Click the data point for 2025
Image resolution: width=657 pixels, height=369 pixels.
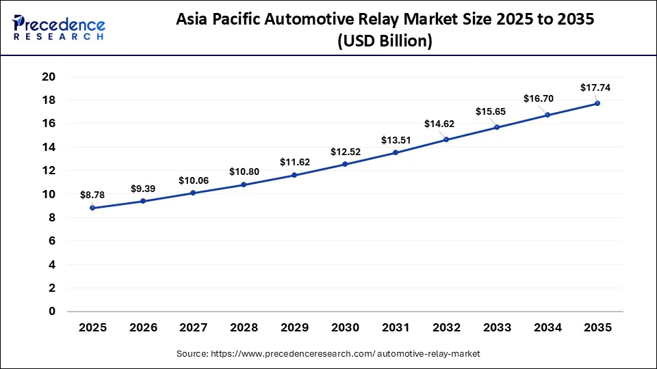(x=92, y=208)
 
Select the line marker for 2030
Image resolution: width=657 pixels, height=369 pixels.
(x=345, y=164)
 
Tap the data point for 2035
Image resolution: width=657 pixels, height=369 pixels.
(x=597, y=103)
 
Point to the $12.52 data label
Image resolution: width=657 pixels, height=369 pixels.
(x=345, y=151)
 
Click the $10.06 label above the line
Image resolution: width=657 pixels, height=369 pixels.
(x=194, y=180)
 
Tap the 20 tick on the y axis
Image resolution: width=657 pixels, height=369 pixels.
(x=48, y=77)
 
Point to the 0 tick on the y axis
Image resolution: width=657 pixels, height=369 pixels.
(x=51, y=312)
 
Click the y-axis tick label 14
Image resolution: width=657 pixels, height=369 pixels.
(x=48, y=147)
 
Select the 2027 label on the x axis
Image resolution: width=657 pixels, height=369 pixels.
(x=194, y=328)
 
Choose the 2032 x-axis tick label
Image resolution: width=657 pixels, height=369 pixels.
(x=446, y=328)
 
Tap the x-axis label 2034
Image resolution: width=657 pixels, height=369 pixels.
(x=547, y=328)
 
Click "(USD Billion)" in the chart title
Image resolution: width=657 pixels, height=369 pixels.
(x=385, y=42)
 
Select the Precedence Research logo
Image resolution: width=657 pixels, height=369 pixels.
(x=59, y=28)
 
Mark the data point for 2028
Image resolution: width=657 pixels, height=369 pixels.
(x=244, y=184)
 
